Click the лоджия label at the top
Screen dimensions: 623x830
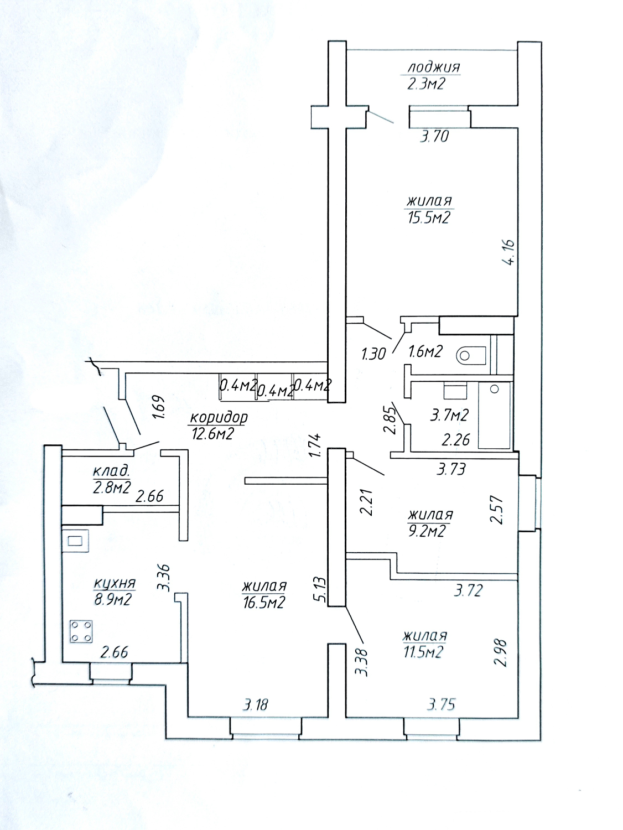434,68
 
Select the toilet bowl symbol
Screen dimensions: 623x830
471,355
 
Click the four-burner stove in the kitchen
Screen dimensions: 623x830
81,632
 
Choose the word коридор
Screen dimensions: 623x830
219,418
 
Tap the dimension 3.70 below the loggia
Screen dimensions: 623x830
434,136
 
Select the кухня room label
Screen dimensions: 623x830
114,584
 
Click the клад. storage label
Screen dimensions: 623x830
111,471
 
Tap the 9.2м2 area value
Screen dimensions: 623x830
427,531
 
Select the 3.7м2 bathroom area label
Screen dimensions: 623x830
449,416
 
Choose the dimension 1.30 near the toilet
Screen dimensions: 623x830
373,354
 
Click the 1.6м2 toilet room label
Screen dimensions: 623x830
425,352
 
